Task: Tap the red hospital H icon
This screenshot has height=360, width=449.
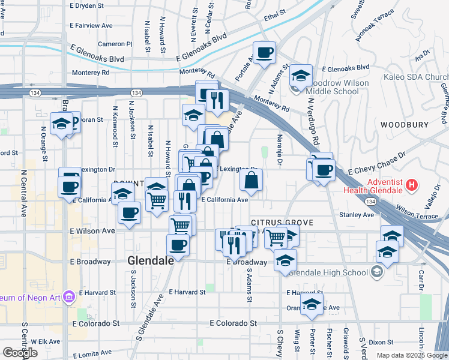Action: (x=411, y=185)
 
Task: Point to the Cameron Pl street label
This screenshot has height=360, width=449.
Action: (x=115, y=44)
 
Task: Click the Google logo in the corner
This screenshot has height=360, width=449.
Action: (x=19, y=353)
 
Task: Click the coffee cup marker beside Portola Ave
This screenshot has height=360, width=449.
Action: (x=264, y=53)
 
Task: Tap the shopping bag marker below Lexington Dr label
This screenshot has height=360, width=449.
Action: (x=252, y=179)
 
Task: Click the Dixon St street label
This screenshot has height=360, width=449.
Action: (x=382, y=342)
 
